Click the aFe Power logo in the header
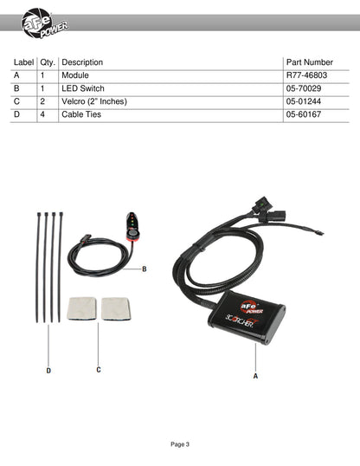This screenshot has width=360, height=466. (44, 23)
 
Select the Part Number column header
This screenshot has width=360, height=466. (310, 62)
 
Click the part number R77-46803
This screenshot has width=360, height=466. (306, 75)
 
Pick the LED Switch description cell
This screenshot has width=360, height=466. (83, 88)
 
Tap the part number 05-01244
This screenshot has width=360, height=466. (304, 101)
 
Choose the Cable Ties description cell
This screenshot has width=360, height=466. (81, 114)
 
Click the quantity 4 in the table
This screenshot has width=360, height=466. (42, 114)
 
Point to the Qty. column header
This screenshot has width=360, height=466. (48, 62)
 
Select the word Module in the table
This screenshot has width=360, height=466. (75, 75)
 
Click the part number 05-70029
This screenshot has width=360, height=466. (304, 88)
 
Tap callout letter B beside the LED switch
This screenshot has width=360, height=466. (145, 269)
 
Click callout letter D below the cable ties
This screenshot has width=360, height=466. (48, 371)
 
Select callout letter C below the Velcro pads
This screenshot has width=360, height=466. (99, 370)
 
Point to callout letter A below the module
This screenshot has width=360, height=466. (255, 376)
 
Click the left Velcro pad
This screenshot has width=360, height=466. (81, 308)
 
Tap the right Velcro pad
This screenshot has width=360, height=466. (116, 308)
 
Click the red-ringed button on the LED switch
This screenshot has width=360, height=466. (133, 234)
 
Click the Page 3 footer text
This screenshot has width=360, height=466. (180, 444)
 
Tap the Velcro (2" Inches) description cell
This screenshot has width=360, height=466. (94, 101)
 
